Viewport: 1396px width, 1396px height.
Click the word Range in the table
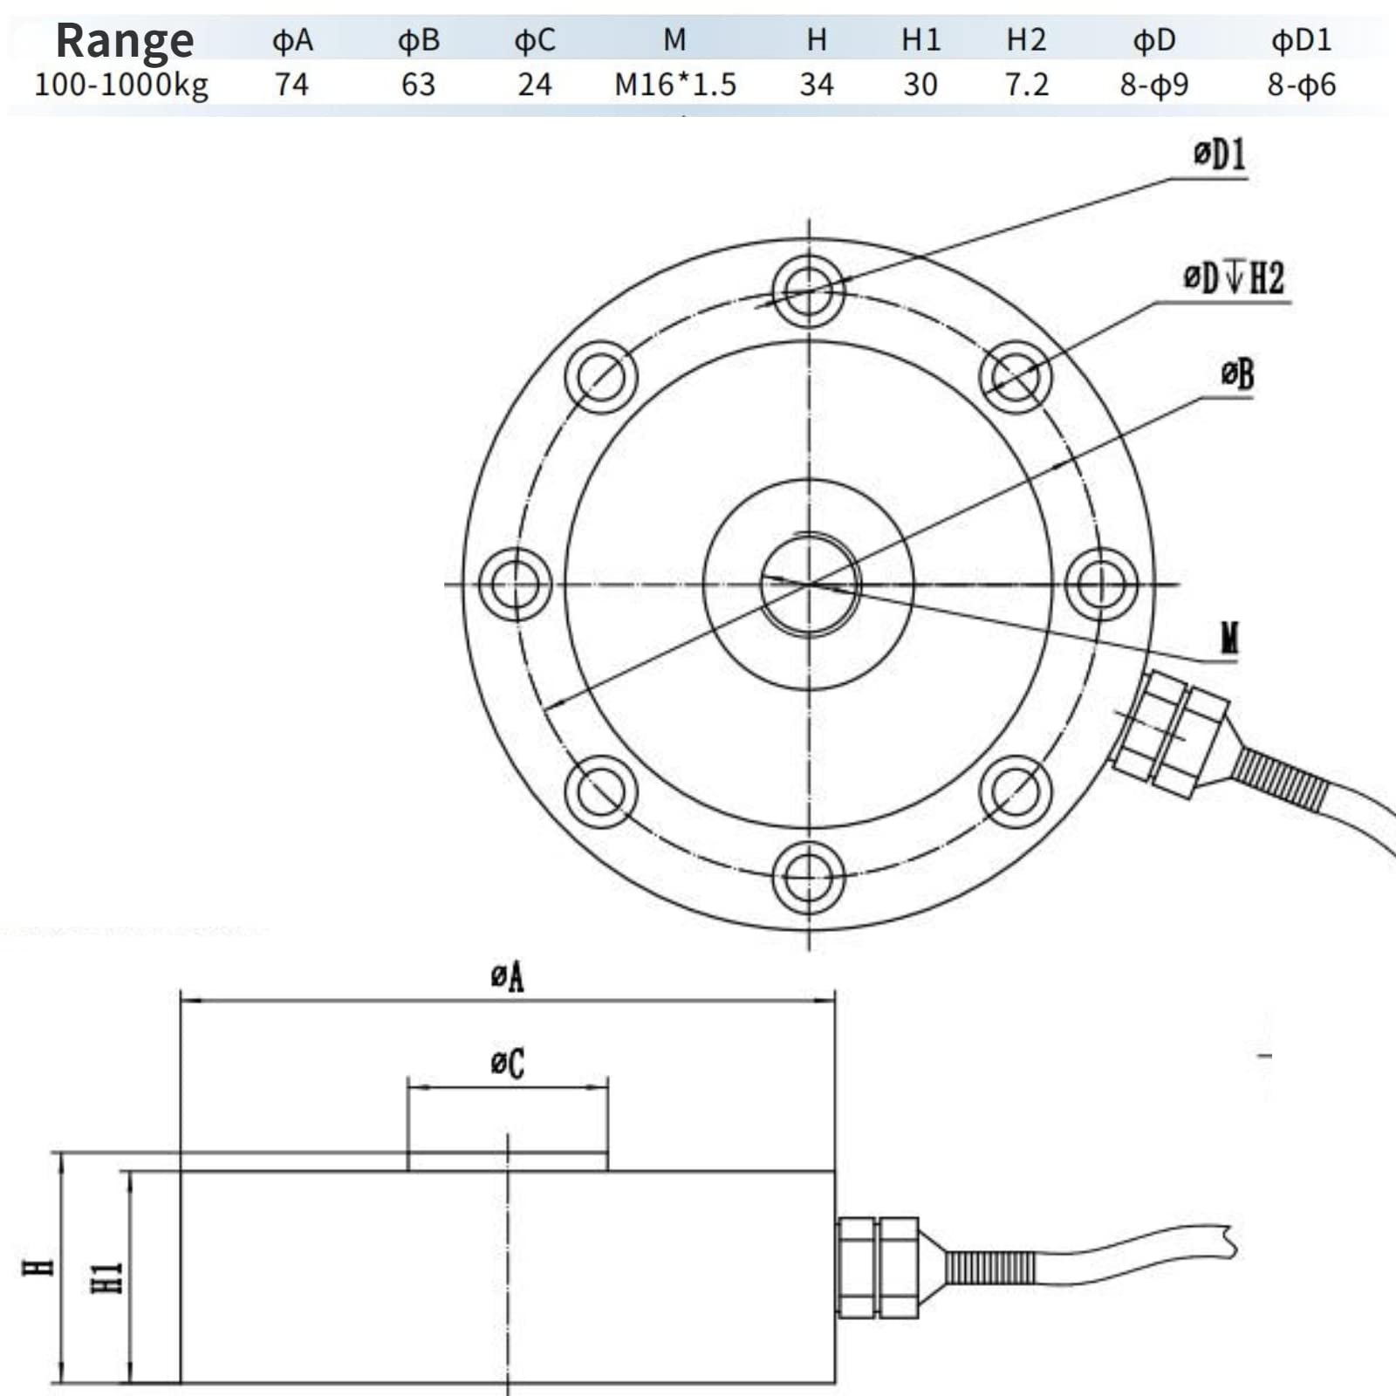click(x=125, y=41)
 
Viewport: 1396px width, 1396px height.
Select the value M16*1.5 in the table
click(x=675, y=85)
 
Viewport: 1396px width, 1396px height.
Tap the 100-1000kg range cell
click(x=121, y=86)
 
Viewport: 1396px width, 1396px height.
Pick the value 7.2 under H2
click(x=1026, y=85)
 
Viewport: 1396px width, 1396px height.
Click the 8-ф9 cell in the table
click(x=1153, y=85)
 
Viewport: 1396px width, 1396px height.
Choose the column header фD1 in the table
click(x=1301, y=40)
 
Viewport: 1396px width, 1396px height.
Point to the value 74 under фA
click(x=291, y=85)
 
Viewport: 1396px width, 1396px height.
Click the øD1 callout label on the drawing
click(x=1219, y=154)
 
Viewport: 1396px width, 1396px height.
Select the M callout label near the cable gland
click(x=1228, y=639)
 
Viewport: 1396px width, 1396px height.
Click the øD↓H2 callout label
click(x=1233, y=278)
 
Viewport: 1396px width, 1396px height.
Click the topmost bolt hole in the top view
click(x=809, y=291)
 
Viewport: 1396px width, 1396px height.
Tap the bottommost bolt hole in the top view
click(x=809, y=878)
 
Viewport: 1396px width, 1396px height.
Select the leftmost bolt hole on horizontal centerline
click(x=516, y=585)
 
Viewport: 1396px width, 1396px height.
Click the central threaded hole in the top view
click(x=809, y=585)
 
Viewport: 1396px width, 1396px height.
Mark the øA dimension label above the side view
click(x=507, y=976)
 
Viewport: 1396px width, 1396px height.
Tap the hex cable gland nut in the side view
click(x=878, y=1267)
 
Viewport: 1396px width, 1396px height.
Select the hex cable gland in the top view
click(x=1169, y=733)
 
